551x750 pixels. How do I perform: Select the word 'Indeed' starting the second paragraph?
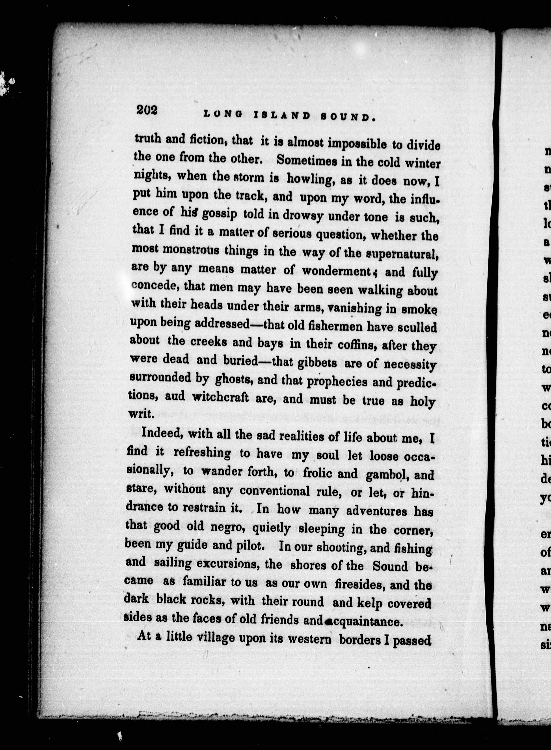[x=163, y=434]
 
